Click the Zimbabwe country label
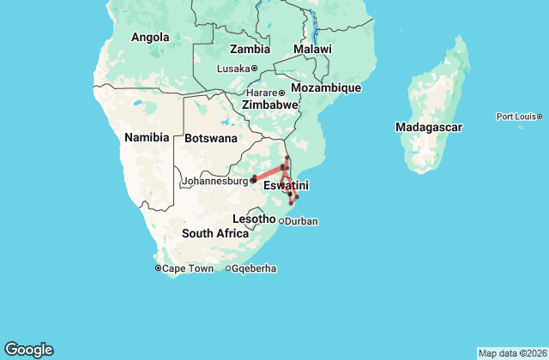click(x=270, y=105)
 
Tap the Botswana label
click(x=211, y=138)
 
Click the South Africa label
click(x=214, y=233)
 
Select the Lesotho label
click(x=254, y=219)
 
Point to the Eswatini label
click(x=287, y=185)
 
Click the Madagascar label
click(x=429, y=127)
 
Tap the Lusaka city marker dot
click(x=255, y=69)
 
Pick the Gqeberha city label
click(x=255, y=268)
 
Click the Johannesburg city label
click(x=214, y=181)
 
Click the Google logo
click(x=28, y=350)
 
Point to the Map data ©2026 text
click(x=511, y=353)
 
